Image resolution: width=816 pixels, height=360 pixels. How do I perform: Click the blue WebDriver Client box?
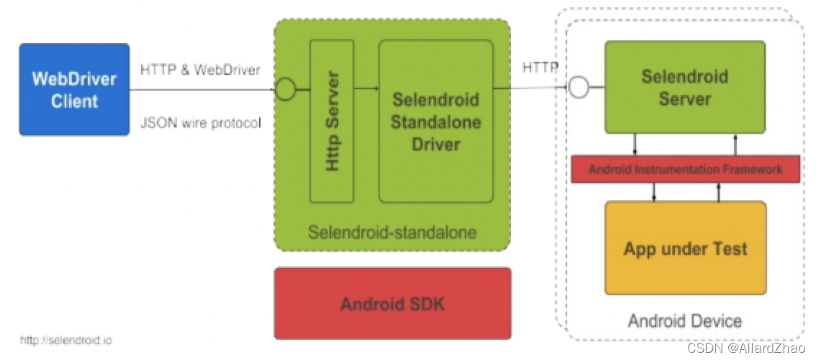tap(74, 89)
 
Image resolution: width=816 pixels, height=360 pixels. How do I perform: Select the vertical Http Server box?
tap(332, 121)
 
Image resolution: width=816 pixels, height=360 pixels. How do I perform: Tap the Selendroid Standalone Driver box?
tap(435, 121)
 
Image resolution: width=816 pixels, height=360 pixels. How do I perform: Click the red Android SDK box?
tap(392, 303)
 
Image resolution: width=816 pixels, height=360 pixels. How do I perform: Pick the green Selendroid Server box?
tap(684, 87)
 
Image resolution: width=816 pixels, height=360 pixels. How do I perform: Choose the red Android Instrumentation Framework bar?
tap(684, 169)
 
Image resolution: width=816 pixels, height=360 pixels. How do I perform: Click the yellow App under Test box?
tap(684, 248)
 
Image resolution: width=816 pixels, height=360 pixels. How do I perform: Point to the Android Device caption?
tap(684, 321)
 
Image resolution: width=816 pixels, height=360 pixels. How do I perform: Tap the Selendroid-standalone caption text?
tap(392, 233)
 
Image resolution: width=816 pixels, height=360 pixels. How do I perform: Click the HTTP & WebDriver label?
tap(200, 70)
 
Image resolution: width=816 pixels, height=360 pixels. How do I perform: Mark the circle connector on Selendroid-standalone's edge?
tap(286, 90)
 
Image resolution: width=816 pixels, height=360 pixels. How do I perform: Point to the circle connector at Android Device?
tap(579, 88)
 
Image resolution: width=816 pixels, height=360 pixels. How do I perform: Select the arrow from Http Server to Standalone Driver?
tap(366, 89)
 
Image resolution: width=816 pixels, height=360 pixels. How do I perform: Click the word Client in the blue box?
tap(74, 101)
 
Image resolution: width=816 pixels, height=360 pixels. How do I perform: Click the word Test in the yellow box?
tap(727, 249)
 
